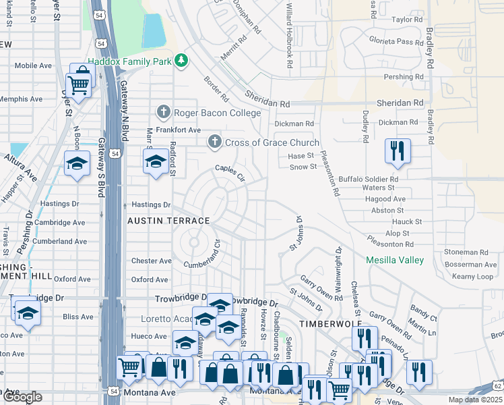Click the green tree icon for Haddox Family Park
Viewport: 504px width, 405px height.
click(181, 61)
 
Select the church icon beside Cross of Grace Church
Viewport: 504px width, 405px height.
click(214, 142)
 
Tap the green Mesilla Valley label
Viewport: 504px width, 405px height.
click(395, 260)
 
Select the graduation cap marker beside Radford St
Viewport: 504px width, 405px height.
click(155, 162)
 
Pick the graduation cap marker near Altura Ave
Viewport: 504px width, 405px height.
click(77, 164)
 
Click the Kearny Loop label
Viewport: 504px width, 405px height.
click(473, 277)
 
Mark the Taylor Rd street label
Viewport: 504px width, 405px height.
click(406, 20)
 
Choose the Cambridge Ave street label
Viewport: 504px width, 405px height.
click(61, 222)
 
